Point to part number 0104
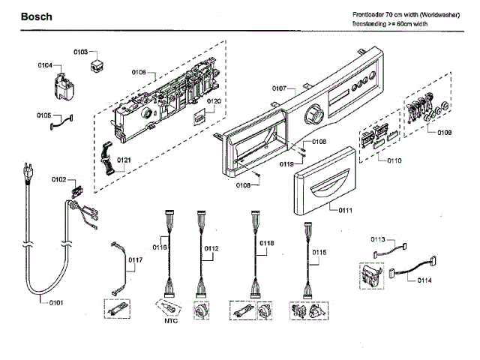[x=45, y=66]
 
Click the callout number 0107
[x=279, y=88]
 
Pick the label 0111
[x=344, y=209]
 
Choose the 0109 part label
[x=444, y=133]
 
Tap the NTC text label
[x=172, y=321]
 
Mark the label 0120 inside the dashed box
[x=214, y=100]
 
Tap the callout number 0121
[x=124, y=160]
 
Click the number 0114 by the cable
[x=424, y=280]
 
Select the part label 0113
[x=377, y=239]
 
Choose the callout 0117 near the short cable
[x=135, y=260]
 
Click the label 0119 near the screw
[x=286, y=163]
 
